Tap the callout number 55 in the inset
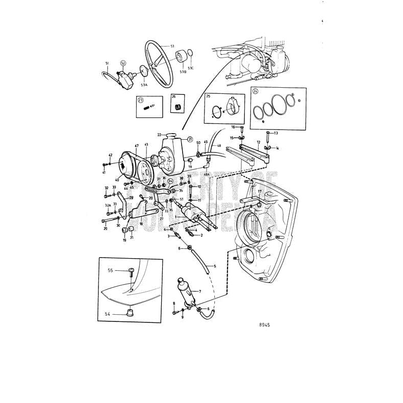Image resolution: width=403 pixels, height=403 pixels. (110, 270)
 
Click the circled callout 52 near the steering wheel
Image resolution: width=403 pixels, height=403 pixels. (123, 63)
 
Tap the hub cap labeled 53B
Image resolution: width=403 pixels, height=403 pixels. (181, 57)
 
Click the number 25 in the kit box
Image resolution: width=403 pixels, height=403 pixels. (208, 96)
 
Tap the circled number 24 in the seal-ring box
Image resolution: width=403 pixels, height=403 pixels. (256, 92)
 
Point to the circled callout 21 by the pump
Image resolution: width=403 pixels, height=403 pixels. (190, 139)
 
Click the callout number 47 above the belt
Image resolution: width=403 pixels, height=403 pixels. (136, 146)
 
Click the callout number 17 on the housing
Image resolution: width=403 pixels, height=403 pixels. (259, 191)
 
